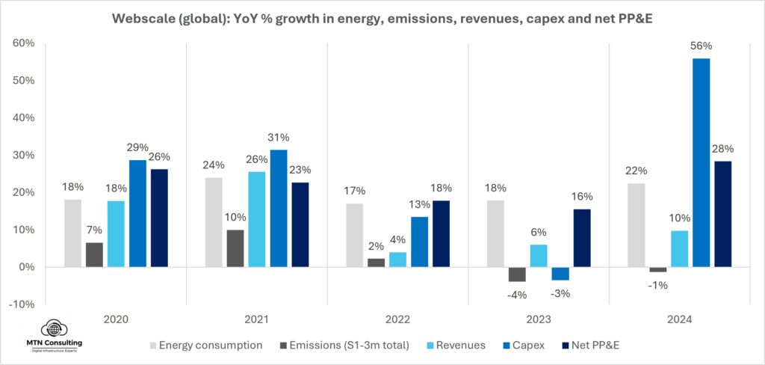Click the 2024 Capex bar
tap(701, 162)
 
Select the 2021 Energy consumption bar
tap(214, 222)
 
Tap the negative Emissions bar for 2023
tap(517, 274)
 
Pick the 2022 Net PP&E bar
tap(441, 233)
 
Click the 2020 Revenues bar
tap(116, 233)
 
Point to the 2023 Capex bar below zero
tap(560, 274)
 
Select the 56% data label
tap(701, 46)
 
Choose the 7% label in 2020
tap(94, 230)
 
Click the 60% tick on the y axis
tap(25, 43)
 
